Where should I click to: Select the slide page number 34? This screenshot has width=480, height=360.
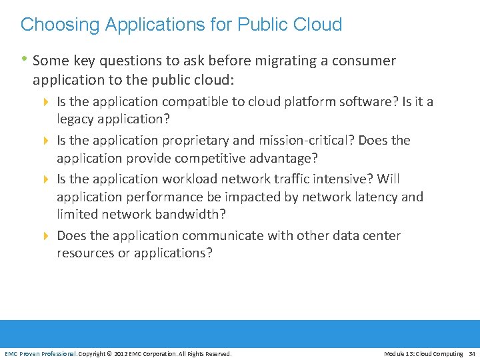tap(472, 353)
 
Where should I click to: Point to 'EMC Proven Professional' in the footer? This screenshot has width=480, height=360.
tap(41, 353)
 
